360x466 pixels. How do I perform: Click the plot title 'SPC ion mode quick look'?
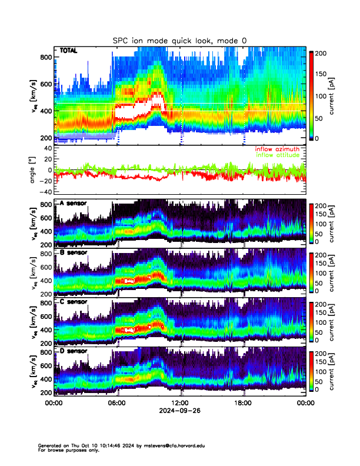(179, 40)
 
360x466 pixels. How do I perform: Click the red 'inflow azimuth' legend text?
(277, 149)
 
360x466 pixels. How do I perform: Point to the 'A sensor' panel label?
(74, 204)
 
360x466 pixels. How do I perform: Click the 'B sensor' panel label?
(74, 253)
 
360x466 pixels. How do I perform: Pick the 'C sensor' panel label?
(74, 302)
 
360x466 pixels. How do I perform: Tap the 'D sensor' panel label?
(74, 351)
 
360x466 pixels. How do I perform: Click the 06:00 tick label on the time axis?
(117, 404)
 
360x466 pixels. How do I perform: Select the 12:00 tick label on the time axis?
(181, 404)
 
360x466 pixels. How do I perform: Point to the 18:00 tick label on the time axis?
(244, 404)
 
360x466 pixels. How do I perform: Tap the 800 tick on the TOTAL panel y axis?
(45, 57)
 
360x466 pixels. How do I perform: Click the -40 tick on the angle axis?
(44, 192)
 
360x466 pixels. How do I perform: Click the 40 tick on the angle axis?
(46, 148)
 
